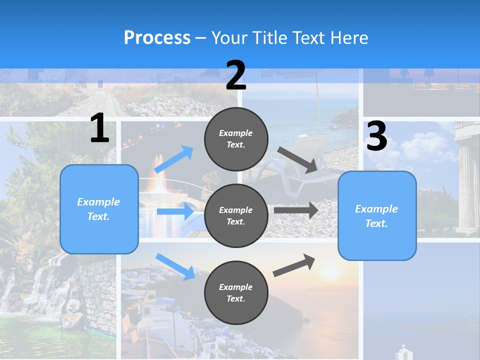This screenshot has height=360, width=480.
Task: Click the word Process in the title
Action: pyautogui.click(x=157, y=38)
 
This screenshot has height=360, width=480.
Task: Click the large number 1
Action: pyautogui.click(x=99, y=128)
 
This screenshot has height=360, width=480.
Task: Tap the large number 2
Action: pyautogui.click(x=236, y=75)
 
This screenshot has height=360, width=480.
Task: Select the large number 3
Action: pyautogui.click(x=376, y=136)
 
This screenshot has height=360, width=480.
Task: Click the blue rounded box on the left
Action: pyautogui.click(x=99, y=209)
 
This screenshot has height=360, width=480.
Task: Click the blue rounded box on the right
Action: pyautogui.click(x=377, y=216)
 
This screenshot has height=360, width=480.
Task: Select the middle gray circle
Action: pyautogui.click(x=236, y=215)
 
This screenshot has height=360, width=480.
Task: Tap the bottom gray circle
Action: pyautogui.click(x=236, y=292)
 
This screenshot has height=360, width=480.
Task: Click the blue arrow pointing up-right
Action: pyautogui.click(x=174, y=159)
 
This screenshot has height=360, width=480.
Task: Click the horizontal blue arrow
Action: pyautogui.click(x=175, y=211)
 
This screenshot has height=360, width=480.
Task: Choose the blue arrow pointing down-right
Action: pyautogui.click(x=175, y=266)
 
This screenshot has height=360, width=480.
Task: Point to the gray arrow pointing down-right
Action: pyautogui.click(x=298, y=159)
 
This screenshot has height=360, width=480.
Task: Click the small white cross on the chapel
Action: pyautogui.click(x=403, y=346)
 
